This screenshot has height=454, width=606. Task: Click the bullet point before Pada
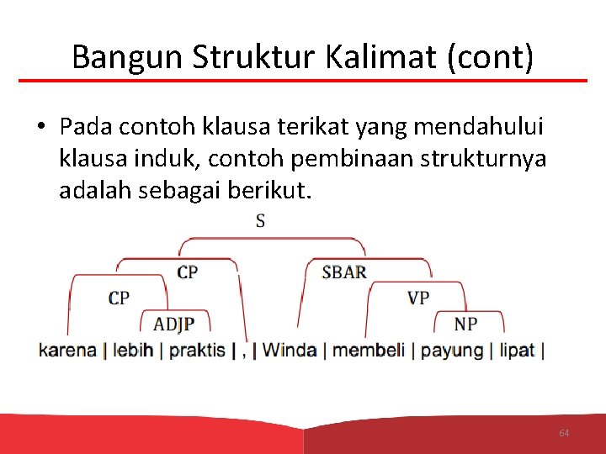(x=40, y=127)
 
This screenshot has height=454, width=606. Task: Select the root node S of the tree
(x=260, y=221)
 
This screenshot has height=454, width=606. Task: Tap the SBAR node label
(x=344, y=272)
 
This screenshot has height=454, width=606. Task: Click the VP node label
(x=418, y=298)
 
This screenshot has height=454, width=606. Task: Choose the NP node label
(x=465, y=324)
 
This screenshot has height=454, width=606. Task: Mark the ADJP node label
(x=174, y=324)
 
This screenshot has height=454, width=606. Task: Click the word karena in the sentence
(x=67, y=350)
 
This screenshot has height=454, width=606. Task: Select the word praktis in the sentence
(x=198, y=350)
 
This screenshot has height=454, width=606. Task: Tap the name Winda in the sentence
(x=290, y=350)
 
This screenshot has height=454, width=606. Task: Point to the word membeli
(x=369, y=350)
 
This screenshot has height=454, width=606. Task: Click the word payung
(x=452, y=350)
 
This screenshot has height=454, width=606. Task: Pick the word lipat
(x=517, y=350)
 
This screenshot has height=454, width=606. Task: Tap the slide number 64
(x=564, y=433)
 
